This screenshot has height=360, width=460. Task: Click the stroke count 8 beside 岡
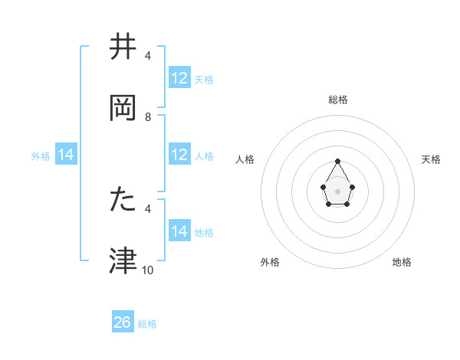(148, 117)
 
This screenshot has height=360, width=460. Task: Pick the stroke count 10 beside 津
(148, 270)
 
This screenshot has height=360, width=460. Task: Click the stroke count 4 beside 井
(148, 56)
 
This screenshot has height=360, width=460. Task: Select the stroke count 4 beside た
(148, 208)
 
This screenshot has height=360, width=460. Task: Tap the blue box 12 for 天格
(179, 78)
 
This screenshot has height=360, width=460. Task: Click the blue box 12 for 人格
(179, 155)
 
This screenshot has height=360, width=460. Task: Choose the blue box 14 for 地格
(179, 231)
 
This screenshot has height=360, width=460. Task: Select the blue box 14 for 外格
(66, 155)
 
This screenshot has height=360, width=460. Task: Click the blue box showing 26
(123, 322)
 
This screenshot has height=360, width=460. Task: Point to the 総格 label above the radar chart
(338, 100)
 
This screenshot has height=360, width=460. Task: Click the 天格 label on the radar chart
(431, 159)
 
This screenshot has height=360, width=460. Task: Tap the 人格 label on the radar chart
(245, 159)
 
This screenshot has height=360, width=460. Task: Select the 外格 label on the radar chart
(270, 262)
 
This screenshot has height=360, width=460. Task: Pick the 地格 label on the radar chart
(402, 262)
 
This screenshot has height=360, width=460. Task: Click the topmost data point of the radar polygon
(338, 161)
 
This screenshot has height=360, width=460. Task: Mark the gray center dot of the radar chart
(338, 190)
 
